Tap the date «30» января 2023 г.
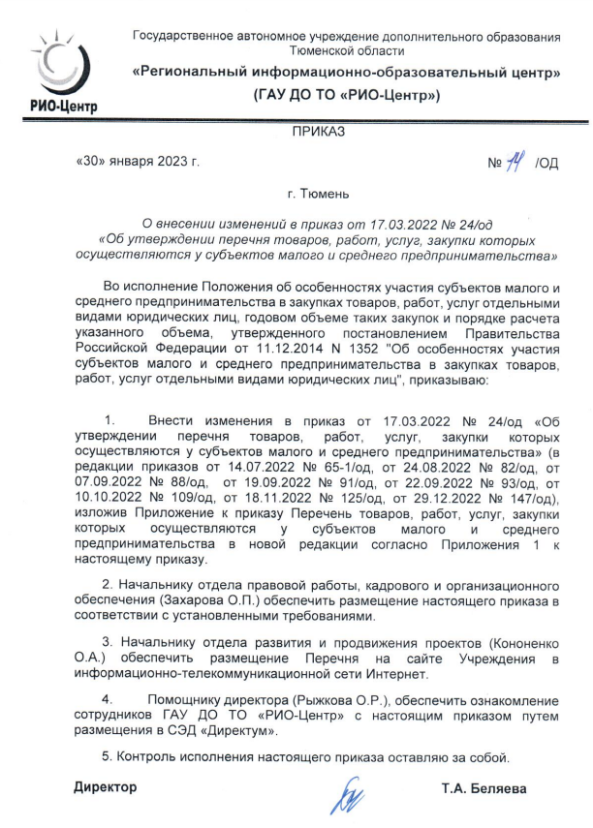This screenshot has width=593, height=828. (x=137, y=162)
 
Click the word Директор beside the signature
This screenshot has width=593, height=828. (x=106, y=788)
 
